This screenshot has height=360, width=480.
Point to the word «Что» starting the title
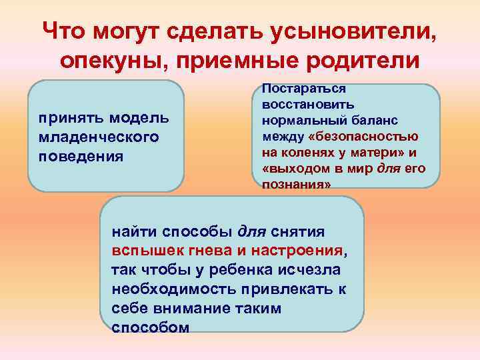65,31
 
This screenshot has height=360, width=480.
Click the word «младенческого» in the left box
98,137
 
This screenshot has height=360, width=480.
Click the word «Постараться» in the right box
304,89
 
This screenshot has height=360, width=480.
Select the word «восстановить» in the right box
309,105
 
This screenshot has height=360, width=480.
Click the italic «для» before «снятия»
252,233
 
